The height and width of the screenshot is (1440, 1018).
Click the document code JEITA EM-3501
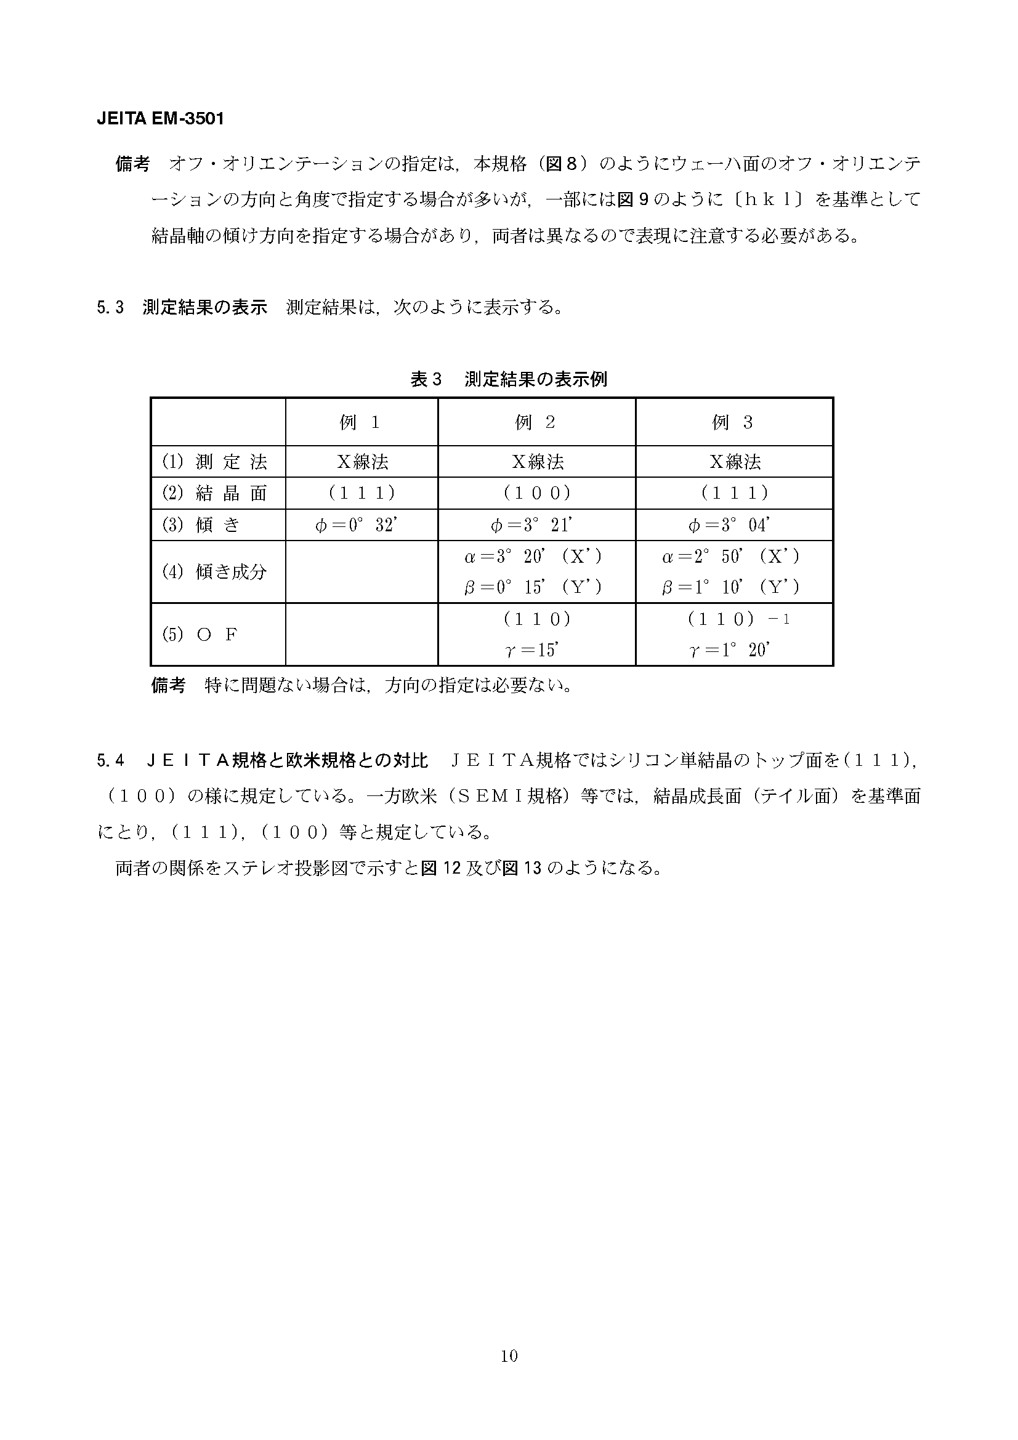click(x=160, y=119)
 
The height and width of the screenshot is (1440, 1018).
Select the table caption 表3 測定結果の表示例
click(x=509, y=379)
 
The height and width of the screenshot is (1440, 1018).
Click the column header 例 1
click(x=361, y=423)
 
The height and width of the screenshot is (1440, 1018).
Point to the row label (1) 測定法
click(x=214, y=462)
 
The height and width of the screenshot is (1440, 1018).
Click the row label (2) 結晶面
click(x=214, y=494)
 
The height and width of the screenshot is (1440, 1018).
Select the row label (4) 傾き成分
click(x=214, y=572)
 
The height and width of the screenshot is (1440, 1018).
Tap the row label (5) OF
click(x=200, y=635)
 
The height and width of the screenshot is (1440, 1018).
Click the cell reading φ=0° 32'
click(x=358, y=525)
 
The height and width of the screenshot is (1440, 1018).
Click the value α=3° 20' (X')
click(x=533, y=557)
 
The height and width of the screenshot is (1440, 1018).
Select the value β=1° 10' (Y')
click(x=732, y=588)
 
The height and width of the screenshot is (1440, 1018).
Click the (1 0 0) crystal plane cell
click(x=537, y=494)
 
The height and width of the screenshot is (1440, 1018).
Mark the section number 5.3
click(x=110, y=308)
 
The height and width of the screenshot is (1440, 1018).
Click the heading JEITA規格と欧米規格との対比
click(x=287, y=762)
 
